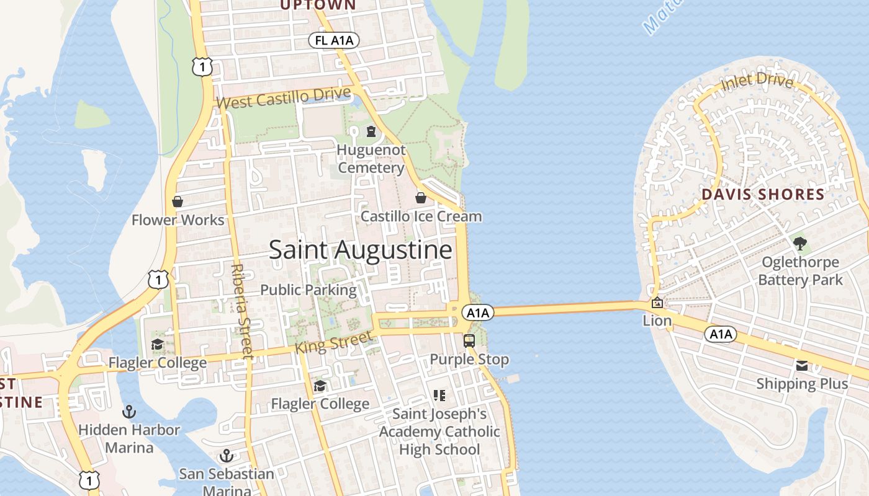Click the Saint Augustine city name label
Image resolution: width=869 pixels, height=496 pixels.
[x=360, y=250]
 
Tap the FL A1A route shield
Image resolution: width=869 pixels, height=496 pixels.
[x=334, y=41]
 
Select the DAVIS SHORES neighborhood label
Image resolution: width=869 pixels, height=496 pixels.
[x=763, y=195]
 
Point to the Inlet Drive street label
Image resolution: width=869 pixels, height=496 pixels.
[x=757, y=81]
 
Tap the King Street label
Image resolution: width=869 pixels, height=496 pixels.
[x=333, y=342]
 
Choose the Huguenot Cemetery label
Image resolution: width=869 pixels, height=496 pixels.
[x=371, y=159]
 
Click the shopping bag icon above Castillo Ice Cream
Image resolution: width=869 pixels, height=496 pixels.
[x=421, y=198]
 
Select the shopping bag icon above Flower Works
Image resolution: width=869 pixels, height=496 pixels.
[x=178, y=201]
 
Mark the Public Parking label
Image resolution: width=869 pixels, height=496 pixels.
[x=308, y=290]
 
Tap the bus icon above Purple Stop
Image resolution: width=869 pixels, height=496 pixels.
[x=469, y=340]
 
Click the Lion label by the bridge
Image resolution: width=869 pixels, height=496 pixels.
[x=657, y=321]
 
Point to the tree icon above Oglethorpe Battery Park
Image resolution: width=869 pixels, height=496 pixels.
[x=800, y=243]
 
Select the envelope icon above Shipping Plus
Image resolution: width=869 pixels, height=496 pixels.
[x=802, y=366]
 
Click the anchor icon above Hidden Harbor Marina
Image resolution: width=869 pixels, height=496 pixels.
[x=129, y=411]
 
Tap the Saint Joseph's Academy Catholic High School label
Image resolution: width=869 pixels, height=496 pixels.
[x=439, y=432]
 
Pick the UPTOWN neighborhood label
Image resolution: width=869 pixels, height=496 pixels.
[x=318, y=5]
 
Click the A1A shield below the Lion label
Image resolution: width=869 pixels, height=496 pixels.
[x=721, y=335]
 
